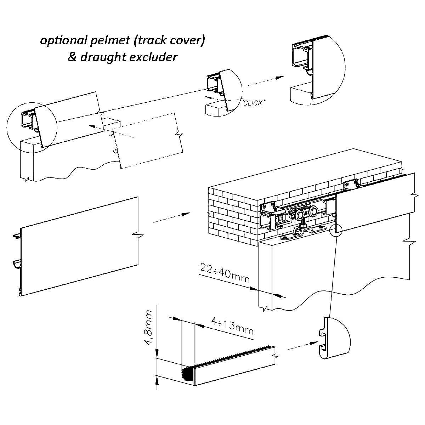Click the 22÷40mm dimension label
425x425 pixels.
[x=225, y=273]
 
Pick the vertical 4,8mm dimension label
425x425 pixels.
[x=150, y=328]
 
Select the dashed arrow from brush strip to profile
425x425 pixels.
[x=301, y=346]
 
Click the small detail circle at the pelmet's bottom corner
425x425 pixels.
[x=335, y=231]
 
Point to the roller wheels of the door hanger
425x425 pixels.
[x=305, y=215]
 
